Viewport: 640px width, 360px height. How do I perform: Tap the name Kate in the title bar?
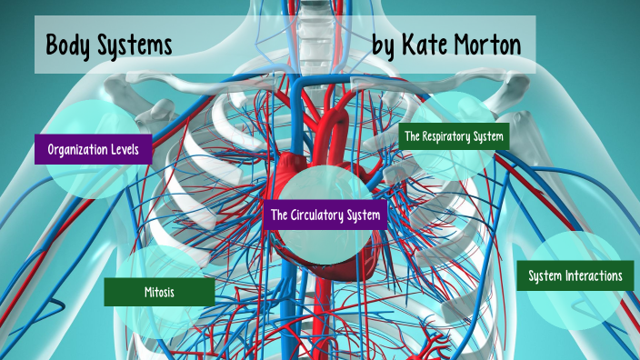click(429, 45)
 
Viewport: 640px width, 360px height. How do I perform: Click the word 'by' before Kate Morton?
click(385, 46)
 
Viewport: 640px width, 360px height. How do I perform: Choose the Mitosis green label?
click(159, 293)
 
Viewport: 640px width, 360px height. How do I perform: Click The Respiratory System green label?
click(454, 136)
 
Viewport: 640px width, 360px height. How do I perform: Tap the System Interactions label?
click(575, 275)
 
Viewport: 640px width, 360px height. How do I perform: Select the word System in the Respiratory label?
click(489, 136)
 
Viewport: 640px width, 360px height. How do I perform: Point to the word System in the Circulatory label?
click(365, 215)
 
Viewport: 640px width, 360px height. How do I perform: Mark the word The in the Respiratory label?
click(413, 136)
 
